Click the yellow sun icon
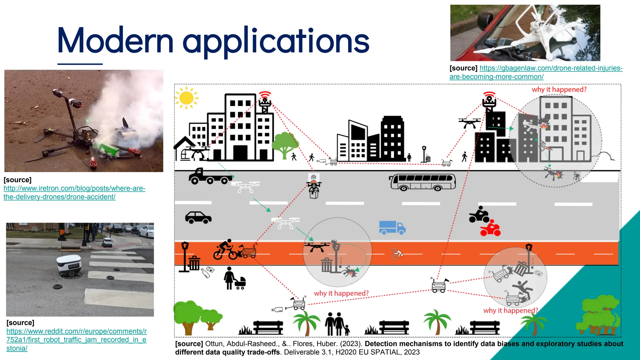click(187, 98)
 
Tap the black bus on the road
click(422, 182)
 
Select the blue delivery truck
click(392, 227)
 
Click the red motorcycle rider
click(490, 228)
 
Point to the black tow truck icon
click(209, 177)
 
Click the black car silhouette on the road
click(198, 217)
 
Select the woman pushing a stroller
click(234, 279)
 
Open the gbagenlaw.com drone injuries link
click(536, 72)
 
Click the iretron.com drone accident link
click(74, 192)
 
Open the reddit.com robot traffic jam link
click(76, 340)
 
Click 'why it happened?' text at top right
click(559, 90)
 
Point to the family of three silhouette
click(337, 324)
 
